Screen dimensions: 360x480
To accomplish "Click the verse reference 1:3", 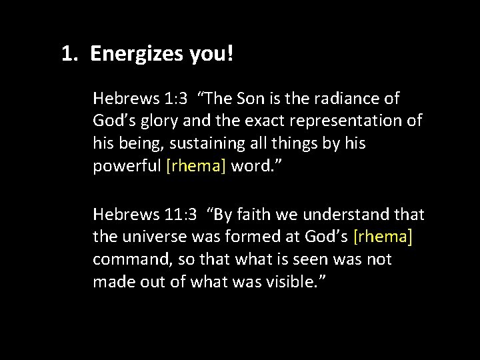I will (171, 99).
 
